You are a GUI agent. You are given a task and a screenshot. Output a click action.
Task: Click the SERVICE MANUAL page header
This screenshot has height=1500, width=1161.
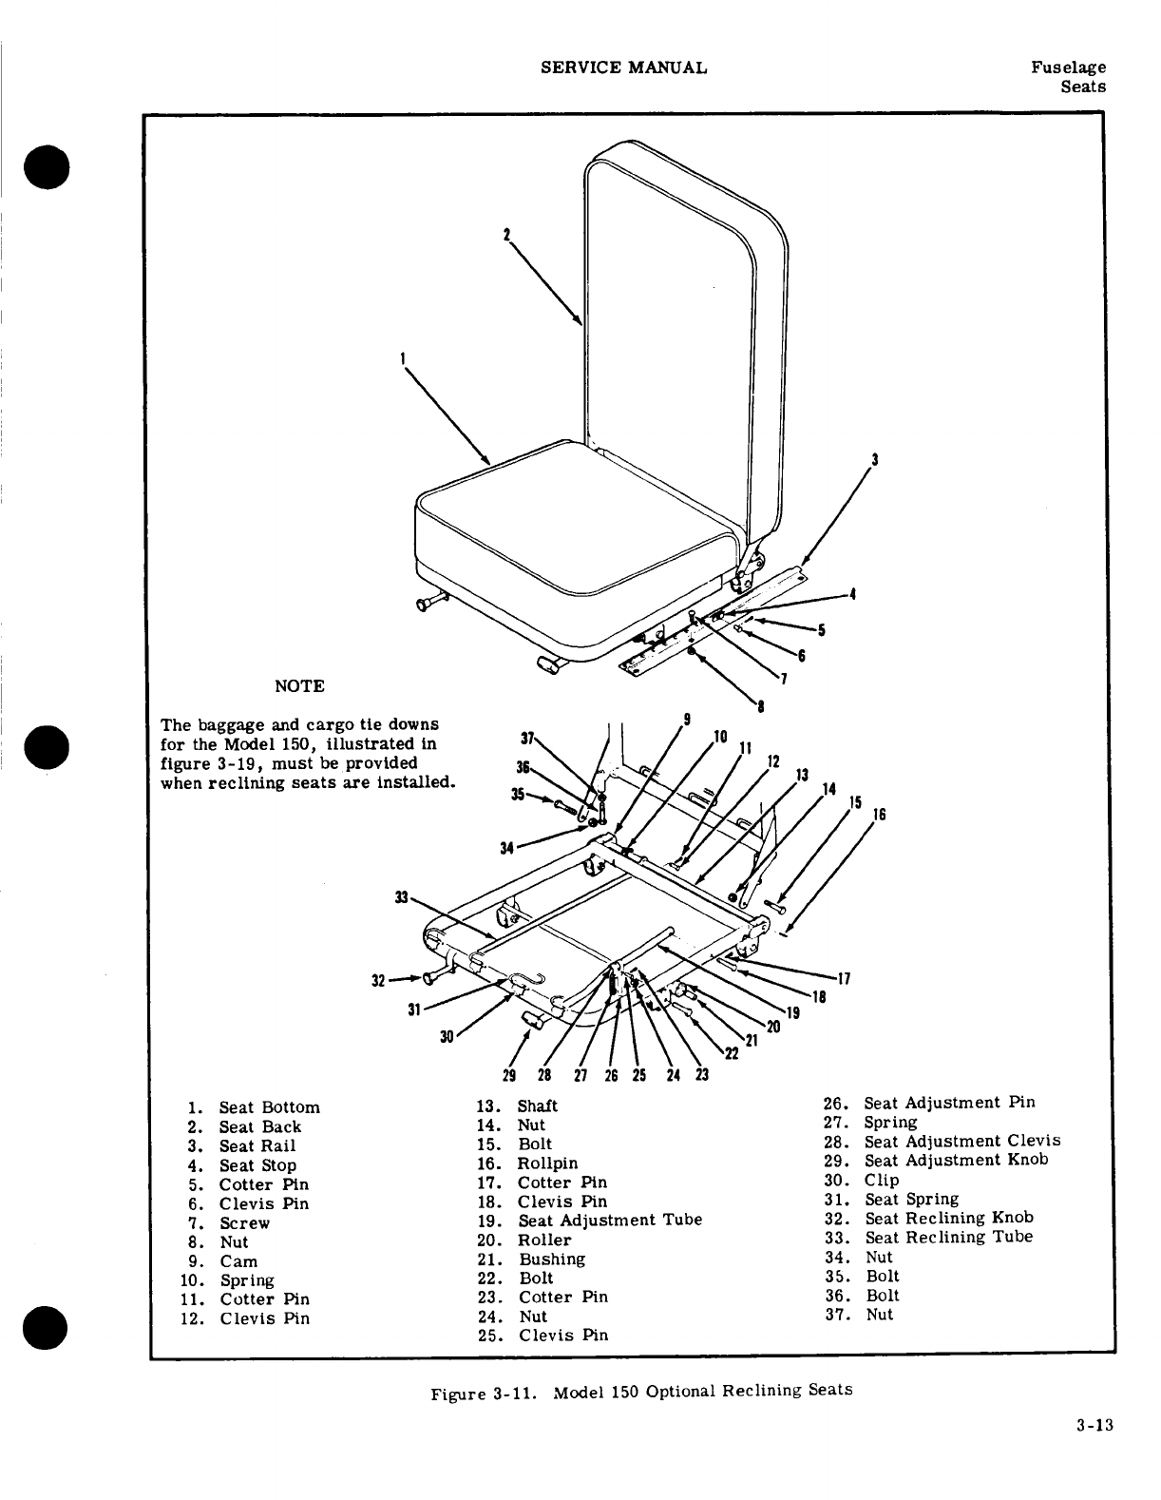pyautogui.click(x=623, y=67)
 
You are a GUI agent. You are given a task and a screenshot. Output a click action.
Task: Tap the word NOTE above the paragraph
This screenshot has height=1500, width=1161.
pyautogui.click(x=299, y=686)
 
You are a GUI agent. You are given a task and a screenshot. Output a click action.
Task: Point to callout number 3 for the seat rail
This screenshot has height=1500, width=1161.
pyautogui.click(x=874, y=461)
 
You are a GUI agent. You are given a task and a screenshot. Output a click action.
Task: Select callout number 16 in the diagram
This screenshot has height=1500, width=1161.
pyautogui.click(x=880, y=815)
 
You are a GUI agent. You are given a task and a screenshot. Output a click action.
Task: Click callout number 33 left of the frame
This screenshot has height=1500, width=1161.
pyautogui.click(x=401, y=897)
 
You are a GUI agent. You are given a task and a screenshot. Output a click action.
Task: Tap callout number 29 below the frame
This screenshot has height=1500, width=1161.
pyautogui.click(x=508, y=1075)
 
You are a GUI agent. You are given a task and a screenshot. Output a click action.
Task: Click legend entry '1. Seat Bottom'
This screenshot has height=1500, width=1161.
pyautogui.click(x=255, y=1107)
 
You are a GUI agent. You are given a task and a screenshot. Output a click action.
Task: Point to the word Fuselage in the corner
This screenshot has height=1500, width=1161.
pyautogui.click(x=1068, y=67)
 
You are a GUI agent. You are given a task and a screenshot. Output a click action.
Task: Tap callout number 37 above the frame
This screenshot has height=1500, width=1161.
pyautogui.click(x=524, y=737)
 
